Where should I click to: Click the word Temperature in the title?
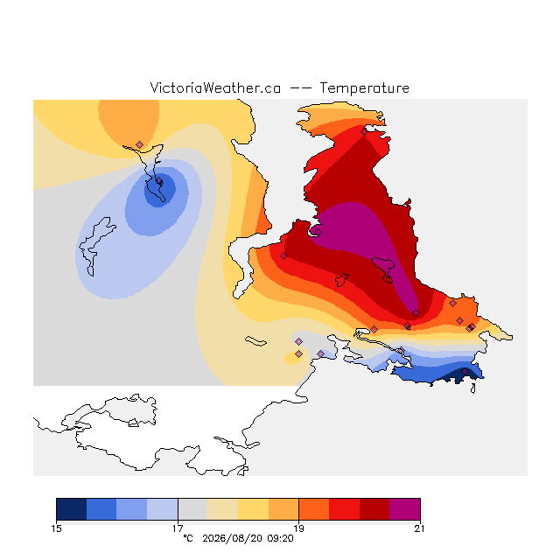(x=364, y=88)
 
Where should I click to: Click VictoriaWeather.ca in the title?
(x=215, y=88)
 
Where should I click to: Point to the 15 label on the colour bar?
(x=56, y=528)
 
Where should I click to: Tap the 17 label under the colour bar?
(x=178, y=528)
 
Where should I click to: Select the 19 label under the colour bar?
(x=298, y=528)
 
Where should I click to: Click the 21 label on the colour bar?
(x=420, y=528)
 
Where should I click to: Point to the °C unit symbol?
(x=188, y=538)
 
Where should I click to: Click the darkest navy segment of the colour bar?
(x=72, y=509)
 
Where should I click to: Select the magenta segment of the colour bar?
(x=405, y=509)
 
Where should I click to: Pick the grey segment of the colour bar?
(x=192, y=509)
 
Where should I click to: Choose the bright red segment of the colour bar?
(x=344, y=509)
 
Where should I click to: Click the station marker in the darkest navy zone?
(x=465, y=371)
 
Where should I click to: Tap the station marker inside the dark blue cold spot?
(x=159, y=181)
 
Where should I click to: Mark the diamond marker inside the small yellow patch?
(x=298, y=353)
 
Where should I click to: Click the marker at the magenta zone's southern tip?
(x=416, y=313)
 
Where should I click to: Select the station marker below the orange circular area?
(x=140, y=144)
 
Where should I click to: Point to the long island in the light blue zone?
(x=95, y=246)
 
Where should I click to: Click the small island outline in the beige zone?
(x=255, y=341)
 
